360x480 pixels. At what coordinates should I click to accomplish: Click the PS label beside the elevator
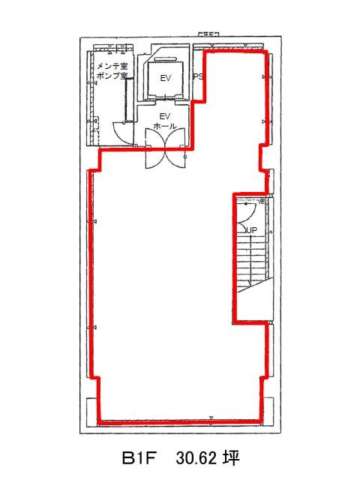tap(198, 76)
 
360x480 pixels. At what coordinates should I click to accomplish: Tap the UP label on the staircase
tap(252, 230)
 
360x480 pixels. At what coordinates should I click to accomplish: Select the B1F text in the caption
tap(140, 459)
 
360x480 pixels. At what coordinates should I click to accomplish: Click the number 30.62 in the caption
tap(196, 459)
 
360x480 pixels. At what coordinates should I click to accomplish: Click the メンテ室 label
tap(112, 66)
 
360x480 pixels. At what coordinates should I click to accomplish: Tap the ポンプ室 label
tap(112, 76)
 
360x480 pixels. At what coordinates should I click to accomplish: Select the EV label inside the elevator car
tap(165, 78)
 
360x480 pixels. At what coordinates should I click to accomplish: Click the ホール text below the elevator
tap(165, 126)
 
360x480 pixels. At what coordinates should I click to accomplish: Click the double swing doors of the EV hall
tap(165, 148)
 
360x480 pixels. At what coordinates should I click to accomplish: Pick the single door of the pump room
tap(123, 133)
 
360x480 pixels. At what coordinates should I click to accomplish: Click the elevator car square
tap(166, 79)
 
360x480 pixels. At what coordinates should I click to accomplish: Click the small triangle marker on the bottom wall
tap(211, 418)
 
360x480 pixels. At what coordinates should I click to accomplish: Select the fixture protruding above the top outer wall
tap(208, 34)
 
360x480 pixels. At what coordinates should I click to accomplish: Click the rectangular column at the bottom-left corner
tap(92, 412)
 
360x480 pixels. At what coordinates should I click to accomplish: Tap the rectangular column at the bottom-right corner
tap(268, 411)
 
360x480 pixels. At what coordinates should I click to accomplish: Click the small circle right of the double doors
tap(185, 157)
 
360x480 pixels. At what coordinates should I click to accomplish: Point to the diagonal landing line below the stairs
tap(255, 285)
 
